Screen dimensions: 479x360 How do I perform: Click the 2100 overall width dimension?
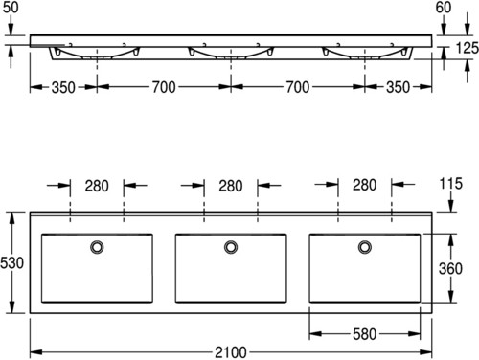coord(231,352)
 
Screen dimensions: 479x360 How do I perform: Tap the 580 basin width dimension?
coord(364,334)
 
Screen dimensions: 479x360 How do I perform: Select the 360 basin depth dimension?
coord(450,268)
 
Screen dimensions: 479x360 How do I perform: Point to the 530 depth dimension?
coord(11,263)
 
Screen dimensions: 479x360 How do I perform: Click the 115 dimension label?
coord(451,184)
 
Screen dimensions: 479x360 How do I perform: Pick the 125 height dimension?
coord(467,48)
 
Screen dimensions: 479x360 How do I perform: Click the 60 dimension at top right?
coord(444,8)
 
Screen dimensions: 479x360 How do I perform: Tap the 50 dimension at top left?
coord(11,8)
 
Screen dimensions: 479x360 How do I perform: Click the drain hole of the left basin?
coord(97,247)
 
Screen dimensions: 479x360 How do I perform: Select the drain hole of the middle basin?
coord(231,247)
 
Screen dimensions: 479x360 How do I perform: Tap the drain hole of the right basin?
coord(365,247)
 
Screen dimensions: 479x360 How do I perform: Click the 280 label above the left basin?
coord(97,186)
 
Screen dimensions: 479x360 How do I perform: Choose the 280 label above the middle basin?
coord(231,186)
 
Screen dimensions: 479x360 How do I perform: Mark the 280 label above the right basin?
coord(364,185)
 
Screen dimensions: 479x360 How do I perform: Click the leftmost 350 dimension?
coord(63,87)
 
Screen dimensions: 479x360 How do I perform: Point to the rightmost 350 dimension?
coord(398,87)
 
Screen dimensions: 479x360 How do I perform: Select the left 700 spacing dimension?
coord(164,87)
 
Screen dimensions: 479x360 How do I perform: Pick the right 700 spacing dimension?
coord(297,87)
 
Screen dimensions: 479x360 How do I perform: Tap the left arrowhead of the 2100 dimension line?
coord(36,352)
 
